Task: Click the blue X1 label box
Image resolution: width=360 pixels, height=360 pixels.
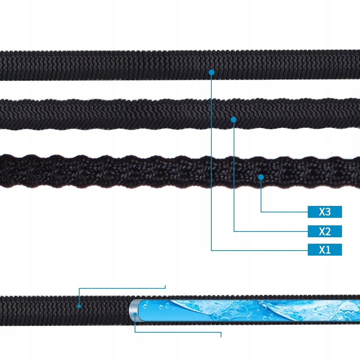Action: pos(325,249)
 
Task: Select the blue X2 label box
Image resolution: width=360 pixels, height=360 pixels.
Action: pos(325,231)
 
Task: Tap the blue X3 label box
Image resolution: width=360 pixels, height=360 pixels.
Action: pos(325,212)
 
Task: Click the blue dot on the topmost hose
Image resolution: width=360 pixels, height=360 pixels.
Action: pos(212,73)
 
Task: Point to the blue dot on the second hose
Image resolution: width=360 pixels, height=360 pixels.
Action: pos(234,120)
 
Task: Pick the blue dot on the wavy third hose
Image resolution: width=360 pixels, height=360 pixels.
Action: pos(261,177)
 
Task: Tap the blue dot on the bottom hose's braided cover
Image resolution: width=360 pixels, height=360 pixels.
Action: pos(79,306)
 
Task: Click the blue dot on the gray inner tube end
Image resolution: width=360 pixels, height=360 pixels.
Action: pos(135,314)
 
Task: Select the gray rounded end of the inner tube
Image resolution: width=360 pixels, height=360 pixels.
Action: pos(134,310)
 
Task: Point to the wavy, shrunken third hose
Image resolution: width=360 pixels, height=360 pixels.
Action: pos(180,172)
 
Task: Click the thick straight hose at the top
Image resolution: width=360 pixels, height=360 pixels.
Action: pos(180,65)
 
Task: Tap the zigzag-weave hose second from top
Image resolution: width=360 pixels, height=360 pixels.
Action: pos(180,114)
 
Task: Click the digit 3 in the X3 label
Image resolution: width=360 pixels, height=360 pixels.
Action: pos(328,212)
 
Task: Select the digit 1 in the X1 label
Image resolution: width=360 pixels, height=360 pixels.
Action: pos(328,249)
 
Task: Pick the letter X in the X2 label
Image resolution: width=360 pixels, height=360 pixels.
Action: pos(322,231)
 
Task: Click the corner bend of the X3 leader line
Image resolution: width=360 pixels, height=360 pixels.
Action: pos(261,212)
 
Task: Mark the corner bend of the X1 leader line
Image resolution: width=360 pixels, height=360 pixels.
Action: pos(211,250)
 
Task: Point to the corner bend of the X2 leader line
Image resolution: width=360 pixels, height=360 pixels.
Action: pos(234,231)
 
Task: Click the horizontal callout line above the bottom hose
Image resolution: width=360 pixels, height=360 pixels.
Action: pos(122,288)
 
